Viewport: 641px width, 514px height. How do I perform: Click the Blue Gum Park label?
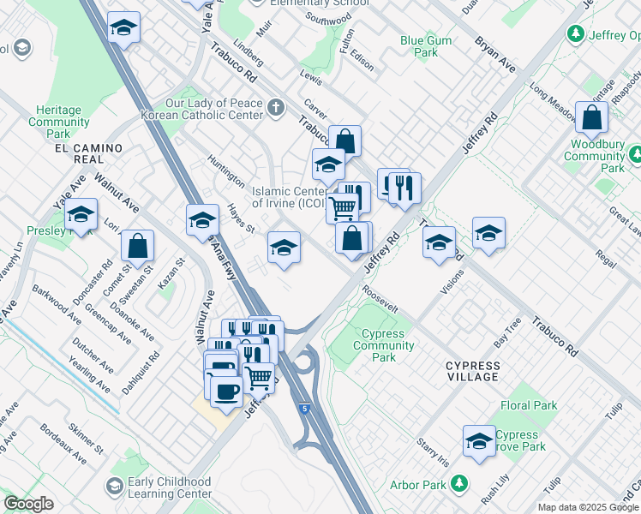[419, 46]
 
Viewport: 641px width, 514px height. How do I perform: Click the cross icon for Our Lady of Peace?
[275, 108]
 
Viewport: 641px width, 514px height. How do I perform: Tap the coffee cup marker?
[226, 391]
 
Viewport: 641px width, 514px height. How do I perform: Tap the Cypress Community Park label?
[388, 345]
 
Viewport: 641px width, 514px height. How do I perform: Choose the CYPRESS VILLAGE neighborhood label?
[472, 371]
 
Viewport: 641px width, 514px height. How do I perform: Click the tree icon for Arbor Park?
[461, 484]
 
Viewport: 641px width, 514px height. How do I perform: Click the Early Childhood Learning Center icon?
[114, 487]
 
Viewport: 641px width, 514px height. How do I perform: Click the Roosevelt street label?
[380, 304]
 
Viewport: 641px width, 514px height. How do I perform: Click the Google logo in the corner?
[28, 504]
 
